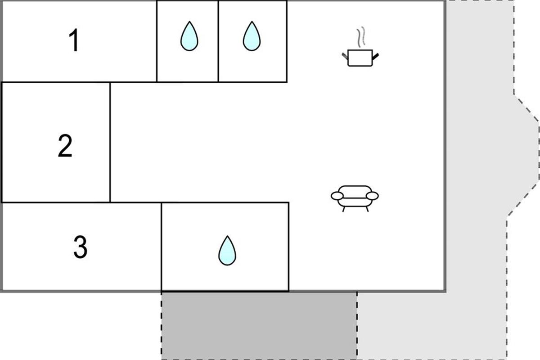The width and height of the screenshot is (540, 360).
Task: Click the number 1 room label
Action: [x=74, y=40]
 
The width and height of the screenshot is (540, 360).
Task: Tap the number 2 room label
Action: [x=65, y=146]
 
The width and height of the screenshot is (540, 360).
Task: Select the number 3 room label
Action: [x=80, y=247]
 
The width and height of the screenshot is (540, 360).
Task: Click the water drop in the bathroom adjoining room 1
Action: [x=189, y=36]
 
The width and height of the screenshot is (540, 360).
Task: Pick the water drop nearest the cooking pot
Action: [x=252, y=36]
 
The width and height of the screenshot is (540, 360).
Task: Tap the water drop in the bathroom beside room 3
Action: [x=227, y=251]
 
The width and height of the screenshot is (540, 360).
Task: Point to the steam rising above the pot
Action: [x=361, y=36]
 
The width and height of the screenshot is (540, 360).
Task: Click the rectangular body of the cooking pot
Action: [x=360, y=58]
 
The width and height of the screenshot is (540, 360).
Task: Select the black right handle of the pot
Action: [x=375, y=57]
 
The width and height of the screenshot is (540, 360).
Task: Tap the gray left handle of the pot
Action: [x=345, y=56]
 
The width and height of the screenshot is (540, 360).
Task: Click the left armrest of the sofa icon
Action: [x=337, y=196]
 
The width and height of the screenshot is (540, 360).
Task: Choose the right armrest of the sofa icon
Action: [x=372, y=196]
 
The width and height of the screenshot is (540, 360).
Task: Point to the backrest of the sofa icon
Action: [x=355, y=192]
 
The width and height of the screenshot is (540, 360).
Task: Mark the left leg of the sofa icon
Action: [x=343, y=209]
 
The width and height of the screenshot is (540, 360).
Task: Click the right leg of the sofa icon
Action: [x=367, y=209]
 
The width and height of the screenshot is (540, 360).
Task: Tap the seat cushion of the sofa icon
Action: [x=355, y=202]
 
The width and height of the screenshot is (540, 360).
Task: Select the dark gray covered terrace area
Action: [x=259, y=325]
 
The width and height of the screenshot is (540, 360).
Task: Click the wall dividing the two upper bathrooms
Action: [x=218, y=41]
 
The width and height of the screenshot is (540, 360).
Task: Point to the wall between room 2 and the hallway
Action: [x=110, y=142]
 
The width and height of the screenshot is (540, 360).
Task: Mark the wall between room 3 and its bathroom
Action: [x=162, y=247]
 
